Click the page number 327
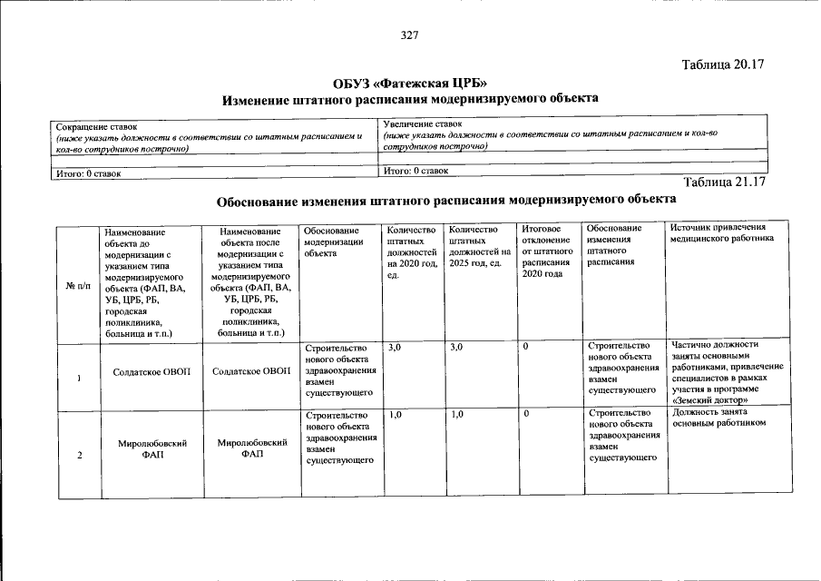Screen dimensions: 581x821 410,35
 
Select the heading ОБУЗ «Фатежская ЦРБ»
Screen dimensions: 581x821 410,83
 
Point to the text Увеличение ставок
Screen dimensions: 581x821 423,123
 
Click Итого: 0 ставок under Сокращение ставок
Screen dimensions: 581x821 88,172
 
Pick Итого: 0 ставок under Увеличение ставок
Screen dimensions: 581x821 415,170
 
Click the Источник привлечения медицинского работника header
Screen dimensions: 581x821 722,233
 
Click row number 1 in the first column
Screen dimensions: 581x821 79,378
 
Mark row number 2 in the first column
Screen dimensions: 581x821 79,455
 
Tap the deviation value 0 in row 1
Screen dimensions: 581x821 526,348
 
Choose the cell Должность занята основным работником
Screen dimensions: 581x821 721,417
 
